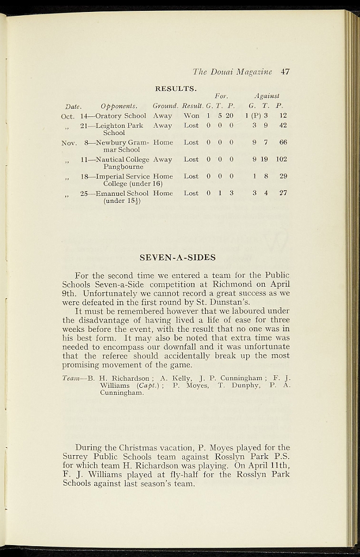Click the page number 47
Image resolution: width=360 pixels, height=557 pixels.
[x=285, y=71]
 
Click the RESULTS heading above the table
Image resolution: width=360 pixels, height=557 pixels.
[x=176, y=88]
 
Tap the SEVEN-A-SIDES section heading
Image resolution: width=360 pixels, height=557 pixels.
[x=178, y=257]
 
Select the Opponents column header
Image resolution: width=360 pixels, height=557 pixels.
[x=119, y=106]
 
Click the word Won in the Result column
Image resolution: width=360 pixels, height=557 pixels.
[x=191, y=116]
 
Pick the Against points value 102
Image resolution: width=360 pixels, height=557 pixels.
[x=281, y=159]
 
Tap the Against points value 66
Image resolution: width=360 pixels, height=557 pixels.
[x=283, y=143]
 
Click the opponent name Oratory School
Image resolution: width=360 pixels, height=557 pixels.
[x=121, y=116]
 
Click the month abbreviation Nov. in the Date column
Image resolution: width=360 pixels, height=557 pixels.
[x=69, y=143]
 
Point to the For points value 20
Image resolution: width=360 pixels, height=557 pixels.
[x=229, y=116]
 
